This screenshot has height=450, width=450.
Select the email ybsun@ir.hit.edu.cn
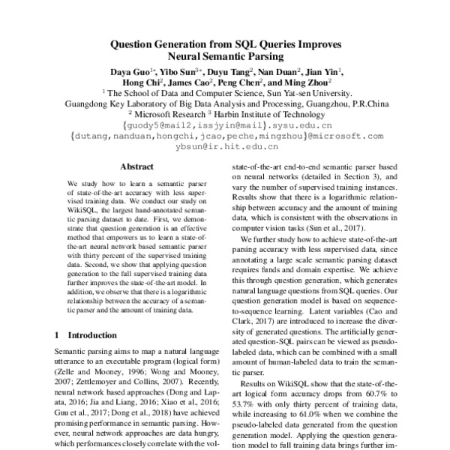point(226,147)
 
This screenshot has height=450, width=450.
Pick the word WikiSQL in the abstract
point(79,212)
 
